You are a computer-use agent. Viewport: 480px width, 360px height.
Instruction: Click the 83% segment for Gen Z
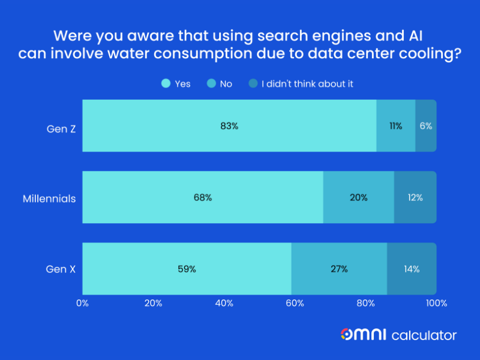tap(229, 126)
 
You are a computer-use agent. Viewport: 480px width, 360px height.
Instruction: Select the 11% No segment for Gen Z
tap(395, 126)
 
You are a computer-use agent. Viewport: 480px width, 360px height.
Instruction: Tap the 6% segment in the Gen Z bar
tap(426, 126)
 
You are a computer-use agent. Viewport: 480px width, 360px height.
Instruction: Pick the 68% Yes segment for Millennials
tap(203, 197)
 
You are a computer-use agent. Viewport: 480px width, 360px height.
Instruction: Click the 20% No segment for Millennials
tap(358, 197)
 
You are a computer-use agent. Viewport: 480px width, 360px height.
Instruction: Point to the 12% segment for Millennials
tap(415, 197)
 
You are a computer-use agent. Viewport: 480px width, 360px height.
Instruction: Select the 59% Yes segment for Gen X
tap(187, 269)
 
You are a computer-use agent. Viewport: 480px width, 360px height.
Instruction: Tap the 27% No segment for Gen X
tap(339, 269)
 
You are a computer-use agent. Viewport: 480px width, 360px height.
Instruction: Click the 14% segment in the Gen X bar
tap(412, 269)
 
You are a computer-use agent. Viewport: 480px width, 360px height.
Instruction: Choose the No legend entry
tap(220, 84)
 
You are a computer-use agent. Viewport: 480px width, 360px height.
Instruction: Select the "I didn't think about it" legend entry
tap(301, 84)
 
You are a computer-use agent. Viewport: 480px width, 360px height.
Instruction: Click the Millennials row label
tap(49, 198)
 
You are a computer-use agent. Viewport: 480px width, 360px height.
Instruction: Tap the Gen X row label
tap(61, 269)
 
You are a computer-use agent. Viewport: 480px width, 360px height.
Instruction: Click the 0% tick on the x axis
tap(82, 303)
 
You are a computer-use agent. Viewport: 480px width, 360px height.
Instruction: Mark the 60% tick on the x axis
tap(295, 303)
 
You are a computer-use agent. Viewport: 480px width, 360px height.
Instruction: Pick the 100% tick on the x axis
tap(436, 303)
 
